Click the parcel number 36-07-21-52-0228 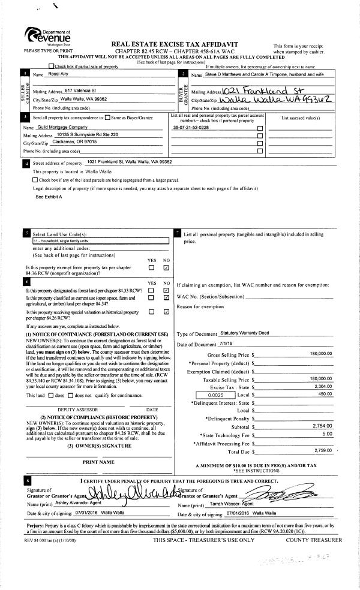click(x=191, y=128)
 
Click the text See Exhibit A click(x=49, y=196)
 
